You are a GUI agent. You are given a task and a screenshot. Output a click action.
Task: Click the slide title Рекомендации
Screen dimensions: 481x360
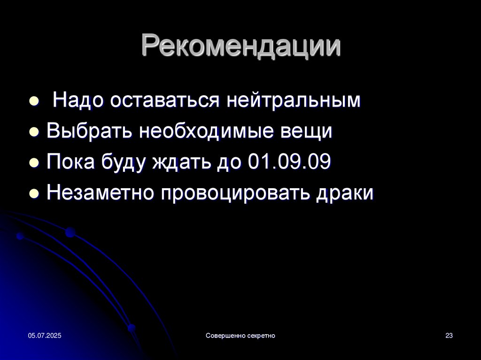point(241,46)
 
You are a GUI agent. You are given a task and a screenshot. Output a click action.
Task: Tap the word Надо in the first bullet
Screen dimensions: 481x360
point(78,100)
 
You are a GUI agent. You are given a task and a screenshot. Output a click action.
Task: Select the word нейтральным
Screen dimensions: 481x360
point(294,100)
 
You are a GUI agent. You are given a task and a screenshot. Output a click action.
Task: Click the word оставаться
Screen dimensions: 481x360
point(165,100)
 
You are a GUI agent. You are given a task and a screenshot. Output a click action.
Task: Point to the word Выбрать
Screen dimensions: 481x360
point(89,131)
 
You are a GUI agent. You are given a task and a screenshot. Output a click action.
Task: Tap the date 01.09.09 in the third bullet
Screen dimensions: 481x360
point(289,161)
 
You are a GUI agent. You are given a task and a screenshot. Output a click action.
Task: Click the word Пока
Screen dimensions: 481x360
point(70,161)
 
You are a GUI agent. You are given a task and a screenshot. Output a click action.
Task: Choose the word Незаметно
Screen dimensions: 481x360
point(100,192)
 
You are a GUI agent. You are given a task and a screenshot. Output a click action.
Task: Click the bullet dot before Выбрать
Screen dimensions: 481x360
point(34,132)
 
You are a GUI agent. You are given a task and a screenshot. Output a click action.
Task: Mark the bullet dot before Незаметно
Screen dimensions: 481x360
point(34,194)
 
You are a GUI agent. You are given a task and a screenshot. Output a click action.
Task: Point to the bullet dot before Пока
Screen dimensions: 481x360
point(34,163)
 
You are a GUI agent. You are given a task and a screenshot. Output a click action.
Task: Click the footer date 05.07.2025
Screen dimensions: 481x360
point(45,336)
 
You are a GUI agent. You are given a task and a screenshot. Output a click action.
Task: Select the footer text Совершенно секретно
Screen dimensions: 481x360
point(240,336)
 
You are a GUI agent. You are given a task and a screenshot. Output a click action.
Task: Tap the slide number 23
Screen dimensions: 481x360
point(449,336)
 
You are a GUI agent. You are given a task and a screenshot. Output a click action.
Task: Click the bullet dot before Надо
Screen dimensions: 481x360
point(34,101)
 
